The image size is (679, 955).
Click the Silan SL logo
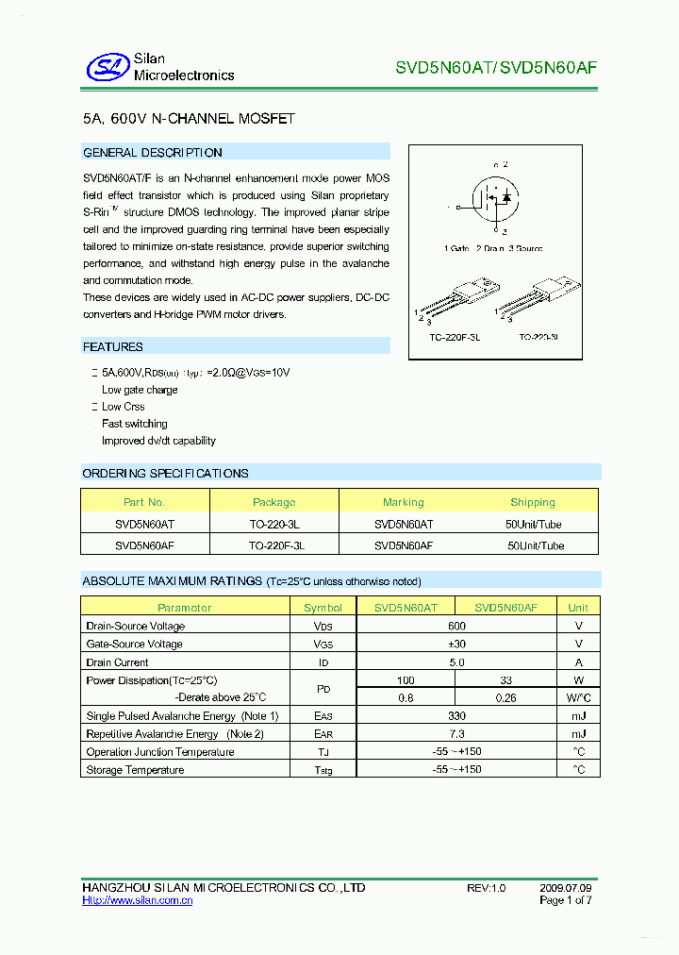[x=107, y=67]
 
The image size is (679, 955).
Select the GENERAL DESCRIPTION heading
[x=153, y=153]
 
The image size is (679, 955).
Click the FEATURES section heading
[x=113, y=347]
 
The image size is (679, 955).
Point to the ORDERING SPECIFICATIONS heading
[x=166, y=474]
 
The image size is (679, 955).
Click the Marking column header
[x=404, y=502]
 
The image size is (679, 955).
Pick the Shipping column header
[x=533, y=502]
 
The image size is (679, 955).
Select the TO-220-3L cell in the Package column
[x=274, y=522]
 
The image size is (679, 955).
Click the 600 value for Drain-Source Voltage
[x=457, y=626]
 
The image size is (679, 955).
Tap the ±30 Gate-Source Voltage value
[x=457, y=644]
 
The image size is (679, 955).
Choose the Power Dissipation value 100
[x=406, y=680]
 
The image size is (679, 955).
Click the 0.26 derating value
[x=505, y=698]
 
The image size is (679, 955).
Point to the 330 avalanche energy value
[x=457, y=716]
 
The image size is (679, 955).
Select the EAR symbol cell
[x=323, y=734]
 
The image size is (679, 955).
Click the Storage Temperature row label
[x=135, y=770]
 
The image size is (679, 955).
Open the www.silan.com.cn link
[x=138, y=901]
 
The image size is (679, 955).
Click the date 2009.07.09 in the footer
[x=566, y=889]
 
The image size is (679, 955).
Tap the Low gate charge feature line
[x=140, y=390]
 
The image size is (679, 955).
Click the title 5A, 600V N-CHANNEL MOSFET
[x=189, y=119]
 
